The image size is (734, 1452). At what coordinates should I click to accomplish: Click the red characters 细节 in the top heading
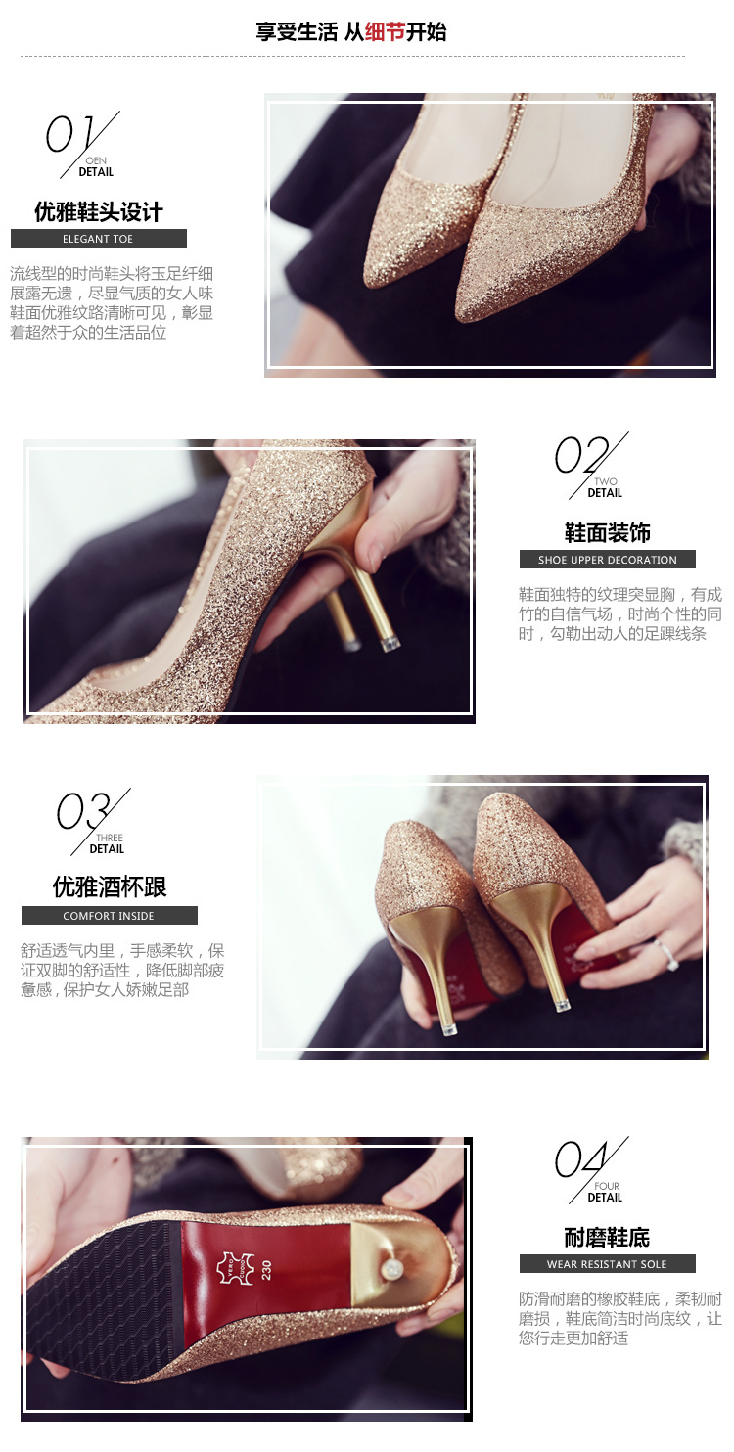click(385, 31)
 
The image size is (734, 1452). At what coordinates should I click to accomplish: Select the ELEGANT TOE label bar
click(99, 239)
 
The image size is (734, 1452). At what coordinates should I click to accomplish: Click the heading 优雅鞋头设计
click(99, 212)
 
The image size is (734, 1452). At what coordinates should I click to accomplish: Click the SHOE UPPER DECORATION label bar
click(608, 560)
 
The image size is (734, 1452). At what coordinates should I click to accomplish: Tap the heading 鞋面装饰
click(608, 533)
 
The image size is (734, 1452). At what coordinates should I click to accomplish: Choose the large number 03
click(82, 810)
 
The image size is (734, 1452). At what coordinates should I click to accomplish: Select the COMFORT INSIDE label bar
click(109, 915)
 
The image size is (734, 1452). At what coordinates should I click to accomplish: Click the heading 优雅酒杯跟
click(110, 886)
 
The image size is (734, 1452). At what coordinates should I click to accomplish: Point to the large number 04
click(581, 1159)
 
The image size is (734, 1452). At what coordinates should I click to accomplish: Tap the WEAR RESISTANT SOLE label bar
click(608, 1264)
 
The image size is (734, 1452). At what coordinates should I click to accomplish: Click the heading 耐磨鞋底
click(607, 1238)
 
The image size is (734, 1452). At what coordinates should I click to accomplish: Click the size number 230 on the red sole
click(266, 1270)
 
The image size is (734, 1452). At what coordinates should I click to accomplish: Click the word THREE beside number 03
click(110, 838)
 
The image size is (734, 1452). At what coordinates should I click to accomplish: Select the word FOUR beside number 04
click(607, 1186)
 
